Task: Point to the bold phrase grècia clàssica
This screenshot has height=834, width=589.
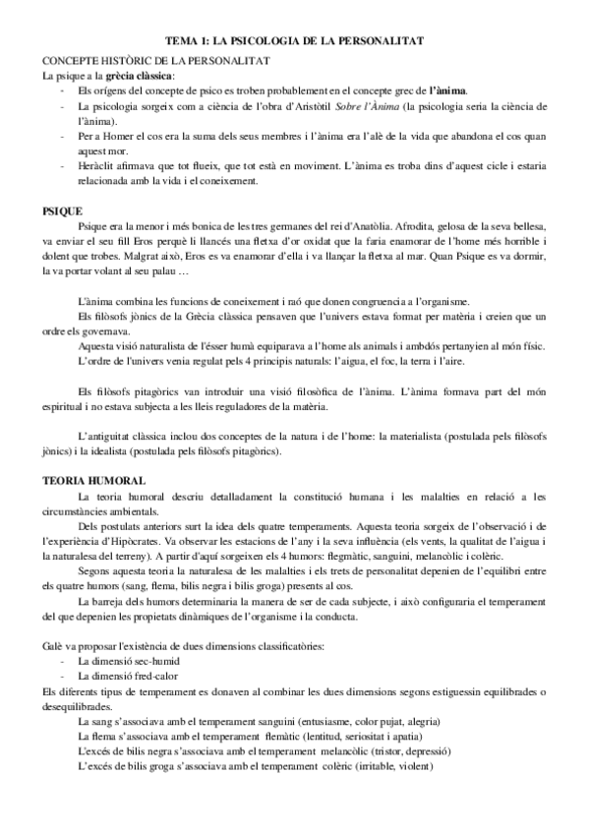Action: point(134,75)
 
